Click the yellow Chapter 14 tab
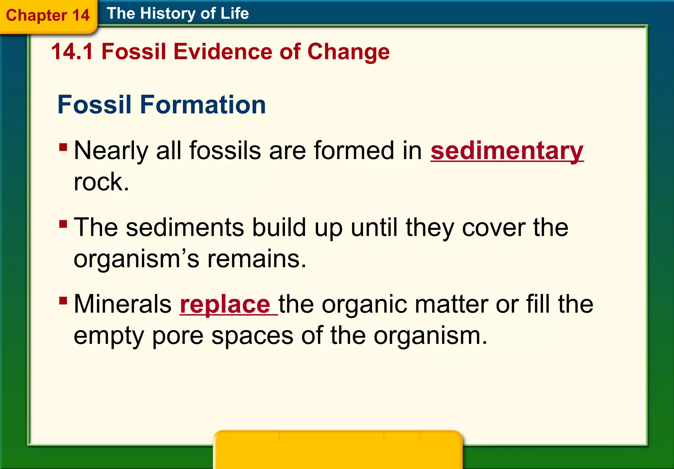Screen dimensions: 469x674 click(48, 15)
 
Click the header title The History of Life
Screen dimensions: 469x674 click(178, 13)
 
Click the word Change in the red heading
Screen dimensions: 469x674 click(348, 52)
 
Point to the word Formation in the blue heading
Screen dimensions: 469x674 click(203, 105)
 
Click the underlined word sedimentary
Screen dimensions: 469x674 click(507, 151)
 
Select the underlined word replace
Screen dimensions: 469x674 click(225, 304)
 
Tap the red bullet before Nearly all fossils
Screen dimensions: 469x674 click(63, 146)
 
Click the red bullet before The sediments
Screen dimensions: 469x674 click(63, 224)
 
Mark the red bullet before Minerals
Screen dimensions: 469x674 click(63, 300)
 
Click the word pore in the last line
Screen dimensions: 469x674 click(178, 336)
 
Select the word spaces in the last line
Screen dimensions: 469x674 click(252, 336)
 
